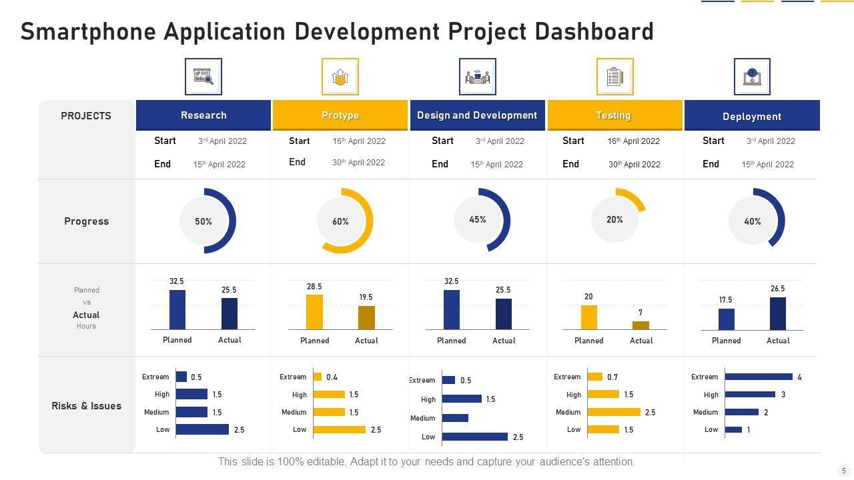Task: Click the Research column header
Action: [203, 115]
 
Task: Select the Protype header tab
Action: [340, 115]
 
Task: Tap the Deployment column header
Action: [752, 116]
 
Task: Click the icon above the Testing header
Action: [614, 77]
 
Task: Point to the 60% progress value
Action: [340, 221]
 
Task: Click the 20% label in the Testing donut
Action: [614, 219]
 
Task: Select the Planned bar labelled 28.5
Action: [314, 311]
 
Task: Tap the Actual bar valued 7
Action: [640, 325]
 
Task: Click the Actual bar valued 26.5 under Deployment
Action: [778, 313]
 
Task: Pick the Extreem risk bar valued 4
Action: [759, 377]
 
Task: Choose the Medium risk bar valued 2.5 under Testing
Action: [614, 412]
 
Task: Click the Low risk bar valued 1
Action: [733, 429]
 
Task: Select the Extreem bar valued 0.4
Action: [318, 377]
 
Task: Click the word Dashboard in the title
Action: [591, 31]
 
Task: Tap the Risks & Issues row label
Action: [87, 405]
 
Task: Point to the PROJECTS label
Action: [86, 116]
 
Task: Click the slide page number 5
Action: [844, 470]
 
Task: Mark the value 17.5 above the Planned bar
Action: [725, 300]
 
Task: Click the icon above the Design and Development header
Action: [477, 77]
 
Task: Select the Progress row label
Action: [86, 221]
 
